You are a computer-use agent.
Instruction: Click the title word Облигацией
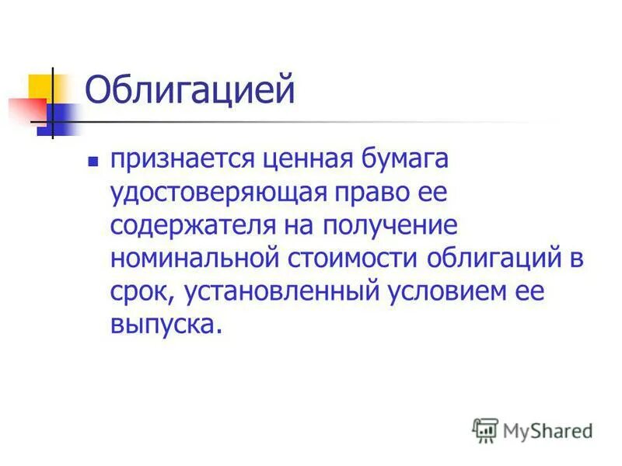click(190, 91)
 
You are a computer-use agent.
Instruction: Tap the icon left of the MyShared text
click(485, 429)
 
